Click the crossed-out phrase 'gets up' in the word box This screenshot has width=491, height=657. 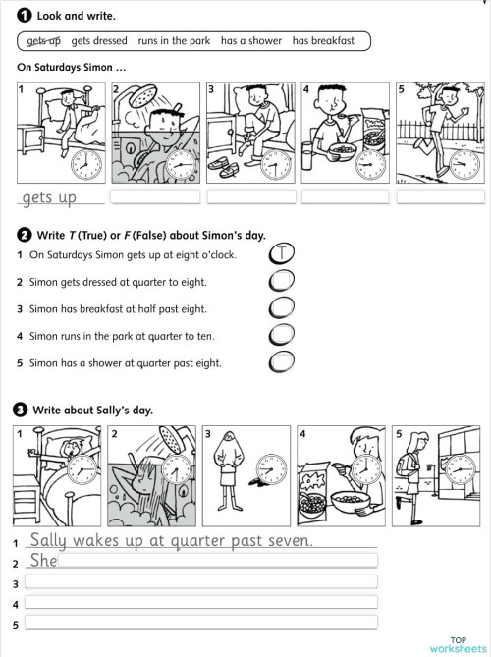tap(43, 40)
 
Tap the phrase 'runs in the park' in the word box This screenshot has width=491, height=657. tap(174, 40)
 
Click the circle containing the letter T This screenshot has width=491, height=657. tap(281, 254)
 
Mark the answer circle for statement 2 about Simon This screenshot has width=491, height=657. tap(281, 282)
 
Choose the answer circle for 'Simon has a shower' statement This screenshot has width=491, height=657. tap(281, 362)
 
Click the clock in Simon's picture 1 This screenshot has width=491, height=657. tap(86, 161)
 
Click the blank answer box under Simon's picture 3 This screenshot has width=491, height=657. tap(249, 196)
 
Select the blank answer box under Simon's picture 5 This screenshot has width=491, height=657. tap(439, 196)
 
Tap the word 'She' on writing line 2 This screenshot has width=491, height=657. tap(44, 561)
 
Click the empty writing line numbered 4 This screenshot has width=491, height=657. tap(200, 602)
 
